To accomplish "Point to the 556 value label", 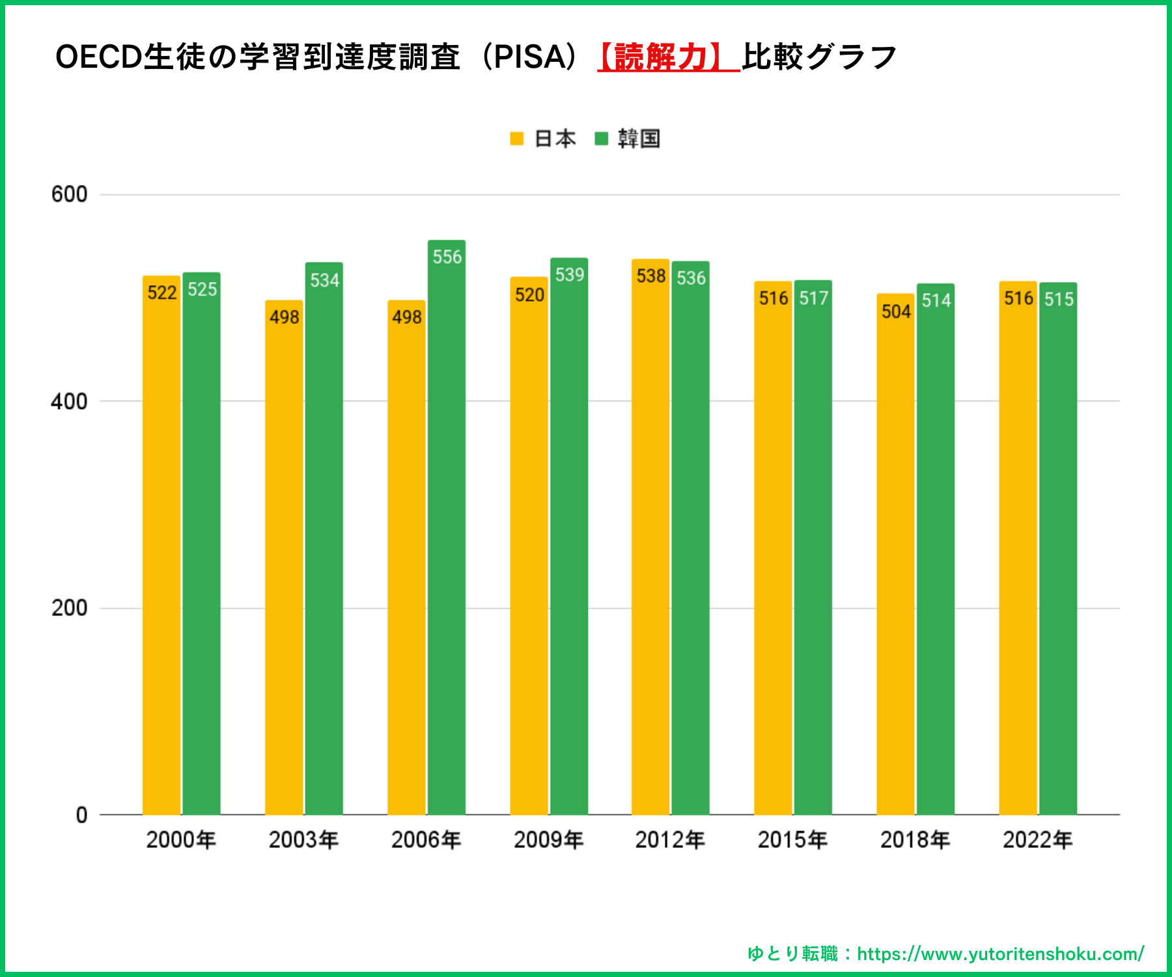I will (447, 257).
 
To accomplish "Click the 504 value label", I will (896, 312).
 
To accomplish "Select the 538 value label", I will (651, 276).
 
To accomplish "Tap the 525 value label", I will (202, 289).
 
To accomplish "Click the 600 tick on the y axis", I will (69, 194).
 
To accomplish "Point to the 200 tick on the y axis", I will (69, 608).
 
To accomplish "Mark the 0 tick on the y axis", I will (81, 815).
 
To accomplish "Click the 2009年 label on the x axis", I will (548, 840).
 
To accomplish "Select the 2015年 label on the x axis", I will (792, 840).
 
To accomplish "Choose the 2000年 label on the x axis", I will (181, 840).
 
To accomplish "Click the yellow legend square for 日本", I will (517, 139).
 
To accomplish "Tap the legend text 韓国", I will (639, 139).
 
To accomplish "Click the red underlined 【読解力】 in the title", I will (669, 57).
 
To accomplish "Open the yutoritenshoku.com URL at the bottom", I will (1000, 954).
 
